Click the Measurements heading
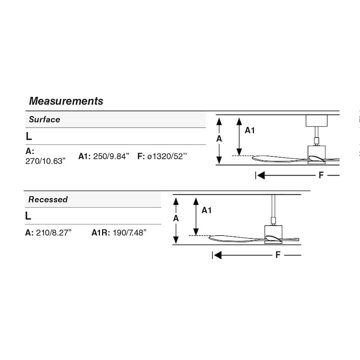[66, 101]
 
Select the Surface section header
[45, 119]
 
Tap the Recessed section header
[48, 199]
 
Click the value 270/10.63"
[45, 161]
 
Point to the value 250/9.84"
[111, 156]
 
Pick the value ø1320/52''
[167, 156]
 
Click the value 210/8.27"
[54, 233]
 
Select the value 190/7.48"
[130, 233]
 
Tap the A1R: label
[101, 233]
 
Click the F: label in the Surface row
[141, 156]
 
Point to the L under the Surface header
[29, 136]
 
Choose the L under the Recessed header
[28, 216]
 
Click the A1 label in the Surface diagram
[250, 130]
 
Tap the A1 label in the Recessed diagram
[207, 210]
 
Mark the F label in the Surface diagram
[321, 175]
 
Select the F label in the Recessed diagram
[278, 255]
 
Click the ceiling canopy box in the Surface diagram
[317, 121]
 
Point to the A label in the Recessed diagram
[176, 218]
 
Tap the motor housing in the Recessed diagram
[273, 234]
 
